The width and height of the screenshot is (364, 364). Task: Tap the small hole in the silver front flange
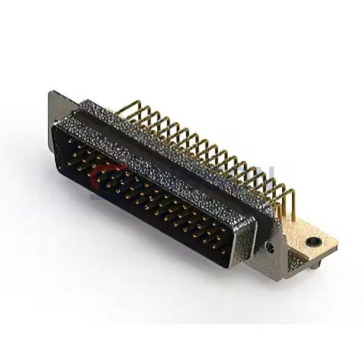tap(270, 246)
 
